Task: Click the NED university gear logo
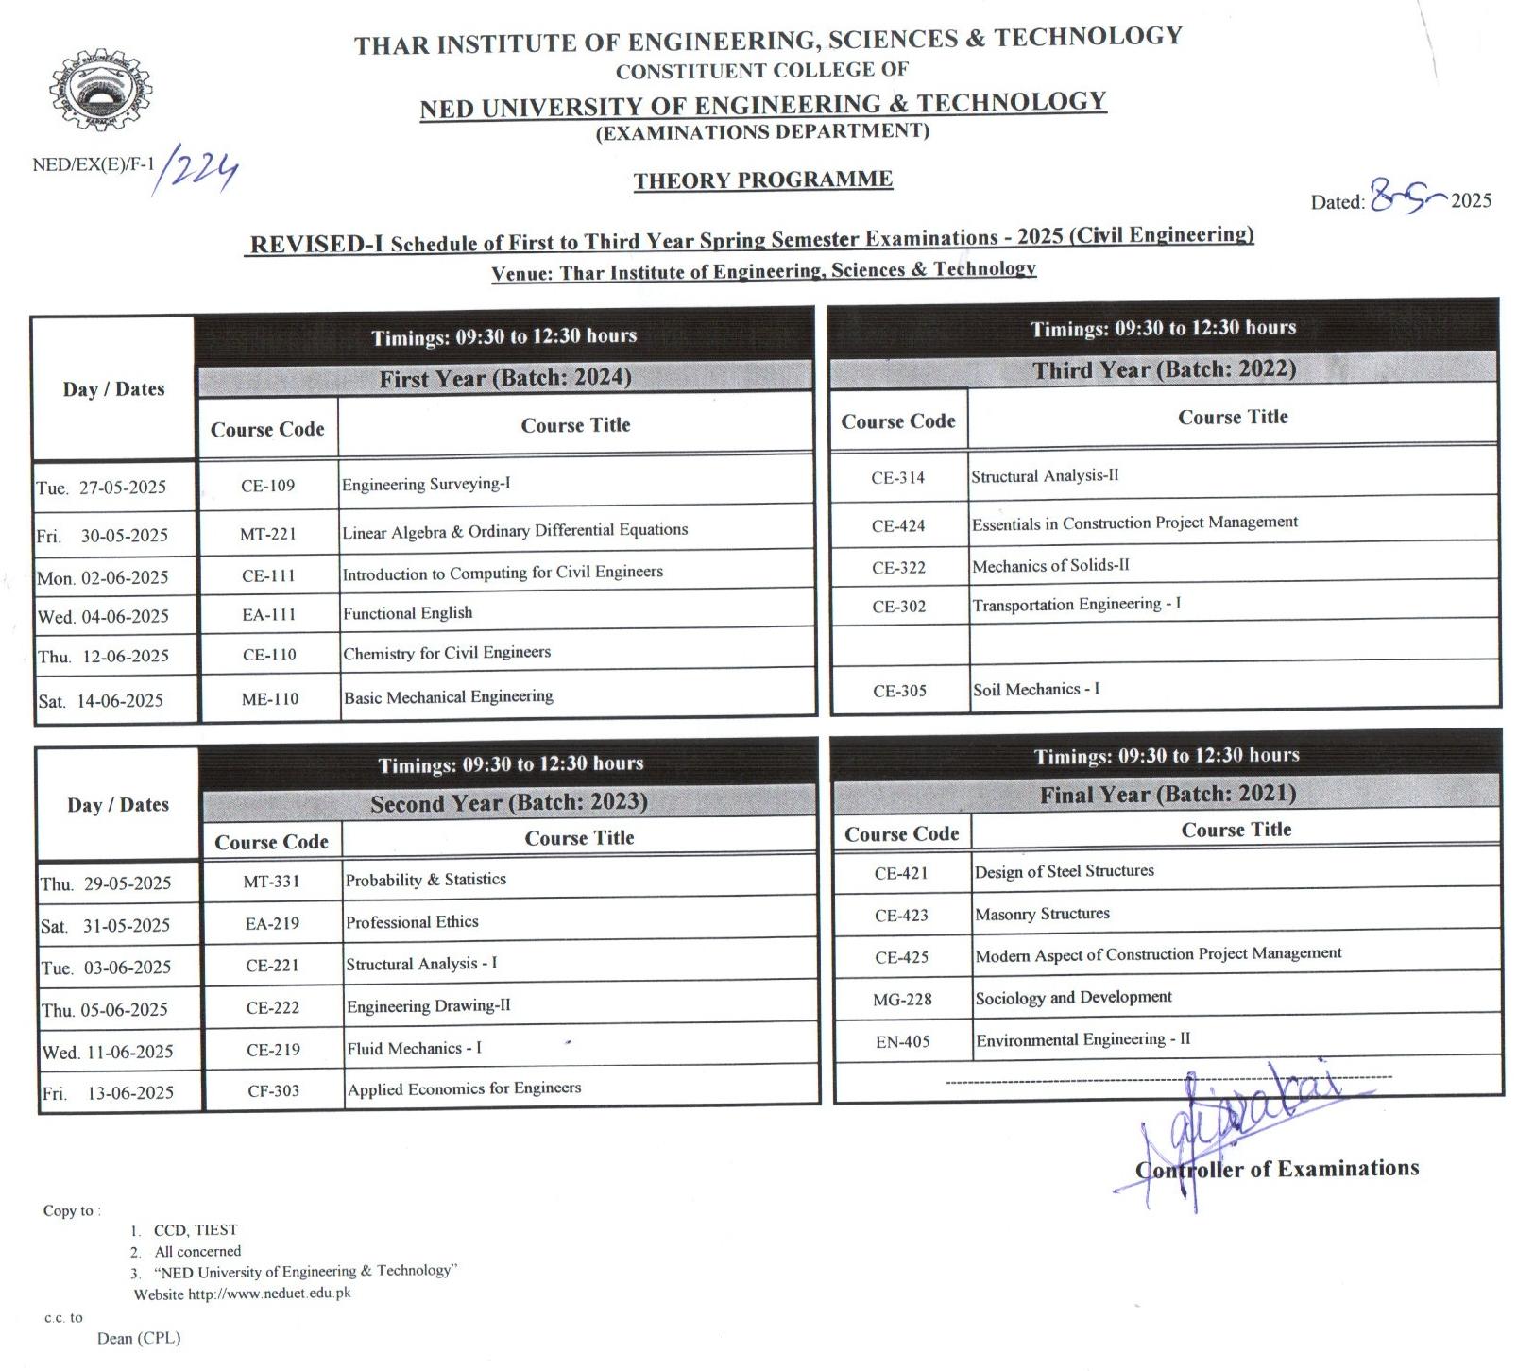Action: click(x=100, y=93)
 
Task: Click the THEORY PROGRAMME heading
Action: click(x=762, y=180)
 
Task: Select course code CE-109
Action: click(x=268, y=486)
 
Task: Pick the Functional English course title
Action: click(x=407, y=613)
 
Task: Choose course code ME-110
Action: click(x=269, y=699)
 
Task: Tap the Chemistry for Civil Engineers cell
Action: click(x=447, y=653)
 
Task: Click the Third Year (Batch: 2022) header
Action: click(x=1164, y=369)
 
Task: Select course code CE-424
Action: click(x=898, y=526)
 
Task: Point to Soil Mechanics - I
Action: click(x=1036, y=690)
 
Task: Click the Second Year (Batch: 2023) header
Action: click(x=508, y=803)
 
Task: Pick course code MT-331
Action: click(x=271, y=882)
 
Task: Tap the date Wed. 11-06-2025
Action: click(x=108, y=1052)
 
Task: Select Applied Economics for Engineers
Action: click(x=464, y=1088)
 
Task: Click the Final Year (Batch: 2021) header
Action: click(x=1168, y=795)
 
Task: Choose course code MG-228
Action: click(x=902, y=1000)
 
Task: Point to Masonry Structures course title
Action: click(x=1042, y=914)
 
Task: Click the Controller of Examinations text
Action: click(x=1277, y=1170)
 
